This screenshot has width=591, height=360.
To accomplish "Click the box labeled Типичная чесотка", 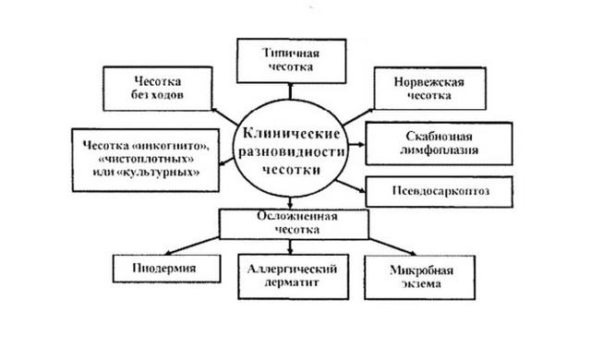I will [289, 58].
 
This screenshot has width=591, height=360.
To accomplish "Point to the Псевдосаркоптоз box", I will [426, 191].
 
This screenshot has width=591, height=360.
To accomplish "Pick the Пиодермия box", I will [166, 270].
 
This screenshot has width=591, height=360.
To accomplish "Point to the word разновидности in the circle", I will [290, 150].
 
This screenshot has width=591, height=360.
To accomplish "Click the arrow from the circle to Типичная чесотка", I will [289, 89].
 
